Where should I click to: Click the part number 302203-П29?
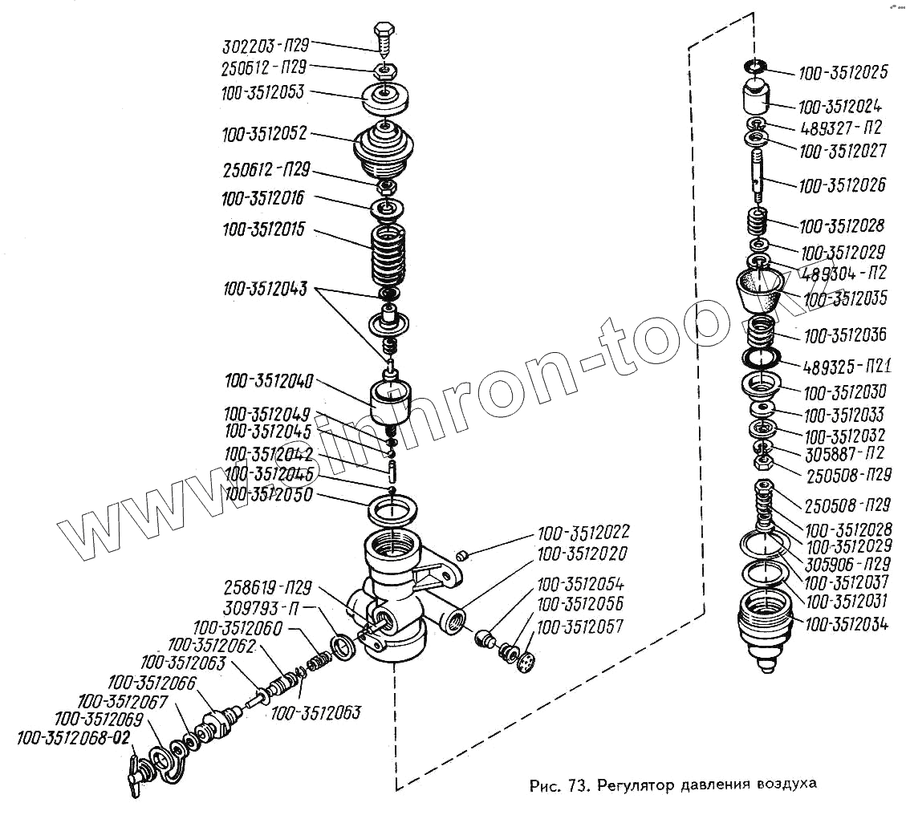click(x=264, y=45)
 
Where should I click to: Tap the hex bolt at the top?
click(x=384, y=39)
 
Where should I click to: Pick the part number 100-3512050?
click(x=267, y=495)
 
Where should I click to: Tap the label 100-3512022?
click(x=583, y=533)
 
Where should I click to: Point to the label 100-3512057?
click(x=580, y=626)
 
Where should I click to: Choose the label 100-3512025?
click(x=843, y=73)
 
